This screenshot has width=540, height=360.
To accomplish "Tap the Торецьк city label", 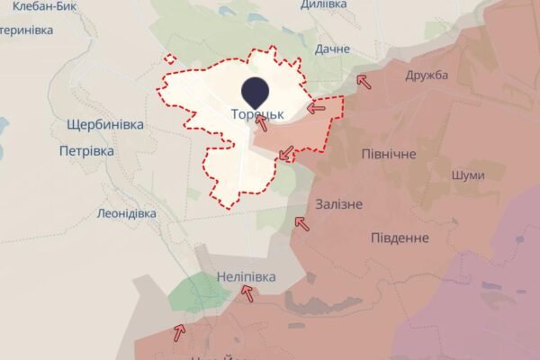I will tap(257, 114).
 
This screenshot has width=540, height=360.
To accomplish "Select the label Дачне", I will tap(332, 49).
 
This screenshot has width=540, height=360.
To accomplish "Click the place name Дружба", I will tap(427, 75).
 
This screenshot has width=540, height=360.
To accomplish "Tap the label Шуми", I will tap(467, 175).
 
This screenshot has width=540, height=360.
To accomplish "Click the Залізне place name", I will tap(339, 204).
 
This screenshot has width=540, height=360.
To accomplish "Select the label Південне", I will tap(399, 238).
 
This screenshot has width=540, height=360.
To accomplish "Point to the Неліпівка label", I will tap(246, 276).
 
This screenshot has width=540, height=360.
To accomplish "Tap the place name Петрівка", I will tap(86, 151).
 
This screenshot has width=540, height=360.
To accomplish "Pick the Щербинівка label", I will tap(105, 124).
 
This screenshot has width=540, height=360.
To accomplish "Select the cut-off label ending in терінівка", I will tap(27, 29).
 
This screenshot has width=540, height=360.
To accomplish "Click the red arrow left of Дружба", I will tap(364, 81).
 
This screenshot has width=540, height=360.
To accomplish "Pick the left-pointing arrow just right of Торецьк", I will tap(316, 108).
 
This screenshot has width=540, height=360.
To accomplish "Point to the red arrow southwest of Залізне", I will tap(302, 221).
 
